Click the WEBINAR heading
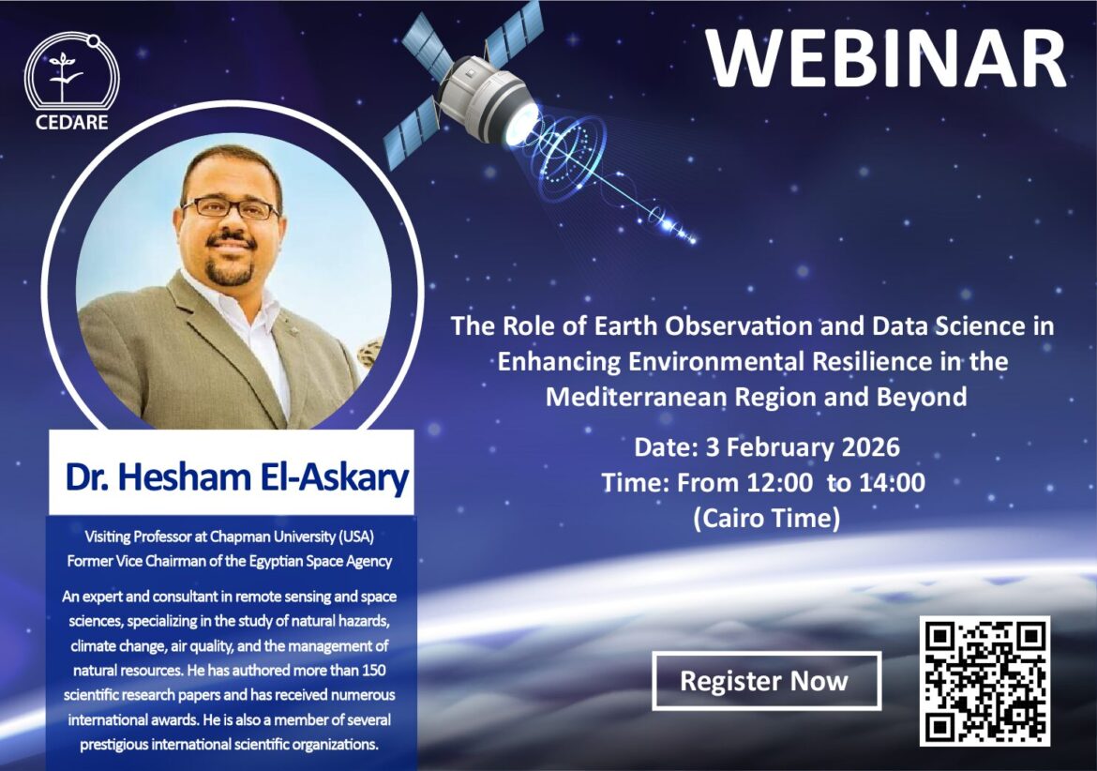coord(886,59)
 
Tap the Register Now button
coord(766,681)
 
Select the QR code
coord(984,681)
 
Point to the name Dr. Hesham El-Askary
coord(236,477)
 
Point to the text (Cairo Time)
coord(766,519)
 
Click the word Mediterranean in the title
coord(636,397)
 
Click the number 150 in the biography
coord(373,671)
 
